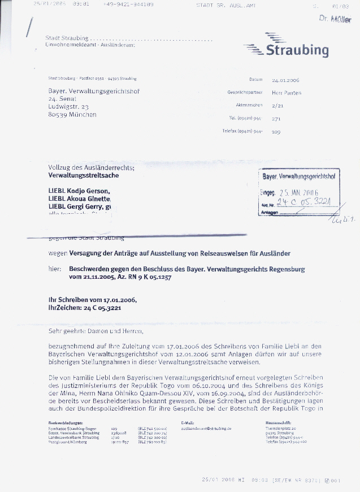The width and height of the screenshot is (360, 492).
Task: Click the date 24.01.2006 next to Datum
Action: (x=285, y=80)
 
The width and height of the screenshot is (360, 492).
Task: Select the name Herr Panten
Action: (x=287, y=93)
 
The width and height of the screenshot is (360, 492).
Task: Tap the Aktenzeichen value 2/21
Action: (x=277, y=105)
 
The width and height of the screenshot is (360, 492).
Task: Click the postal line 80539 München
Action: (x=72, y=114)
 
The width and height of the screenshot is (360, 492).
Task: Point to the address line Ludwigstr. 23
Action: (x=69, y=106)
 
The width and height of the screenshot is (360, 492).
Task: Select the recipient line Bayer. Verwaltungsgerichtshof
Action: (x=94, y=91)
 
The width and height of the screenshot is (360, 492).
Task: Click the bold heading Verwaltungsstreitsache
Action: (x=84, y=176)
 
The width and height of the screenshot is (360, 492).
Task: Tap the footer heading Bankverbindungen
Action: (x=66, y=422)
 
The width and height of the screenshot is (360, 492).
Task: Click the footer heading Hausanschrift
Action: (x=278, y=422)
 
